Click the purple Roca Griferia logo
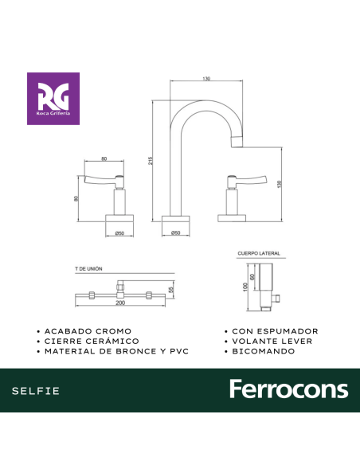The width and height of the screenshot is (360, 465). (x=53, y=99)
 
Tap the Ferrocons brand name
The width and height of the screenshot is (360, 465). (x=289, y=389)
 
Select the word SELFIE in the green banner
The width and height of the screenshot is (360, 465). (x=36, y=391)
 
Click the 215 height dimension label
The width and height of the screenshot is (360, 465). (x=151, y=161)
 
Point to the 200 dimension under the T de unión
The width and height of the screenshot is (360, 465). (x=120, y=303)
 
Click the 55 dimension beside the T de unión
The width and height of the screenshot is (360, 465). (x=170, y=290)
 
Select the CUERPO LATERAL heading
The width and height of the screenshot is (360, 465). (x=259, y=253)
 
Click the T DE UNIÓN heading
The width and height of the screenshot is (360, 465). (x=88, y=269)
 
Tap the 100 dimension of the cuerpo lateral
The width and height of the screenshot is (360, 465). (x=245, y=287)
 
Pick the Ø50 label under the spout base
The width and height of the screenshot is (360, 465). (x=176, y=232)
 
